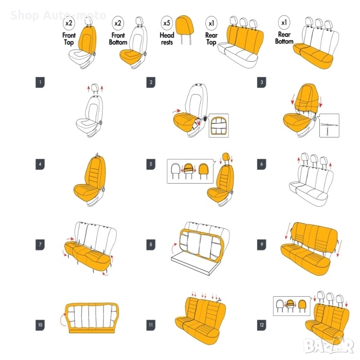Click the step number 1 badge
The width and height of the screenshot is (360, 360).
[40, 82]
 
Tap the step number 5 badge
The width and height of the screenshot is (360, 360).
[151, 164]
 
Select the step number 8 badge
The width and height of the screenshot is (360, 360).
[151, 244]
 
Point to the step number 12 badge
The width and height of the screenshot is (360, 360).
[261, 325]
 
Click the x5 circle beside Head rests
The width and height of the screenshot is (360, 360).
[167, 23]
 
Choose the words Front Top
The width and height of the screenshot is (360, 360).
[69, 39]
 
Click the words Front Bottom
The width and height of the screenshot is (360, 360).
[118, 39]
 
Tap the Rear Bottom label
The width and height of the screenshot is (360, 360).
[284, 38]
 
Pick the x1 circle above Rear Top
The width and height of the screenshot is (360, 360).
[211, 23]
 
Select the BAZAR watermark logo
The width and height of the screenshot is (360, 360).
[328, 346]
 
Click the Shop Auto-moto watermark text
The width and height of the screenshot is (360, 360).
[58, 15]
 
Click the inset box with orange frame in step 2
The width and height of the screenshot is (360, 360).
[219, 125]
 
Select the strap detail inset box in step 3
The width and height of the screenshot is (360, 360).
[330, 125]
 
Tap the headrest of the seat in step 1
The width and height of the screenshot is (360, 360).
[95, 87]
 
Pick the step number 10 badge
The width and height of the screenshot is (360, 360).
[40, 325]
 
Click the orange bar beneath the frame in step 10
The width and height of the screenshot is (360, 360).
[92, 331]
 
